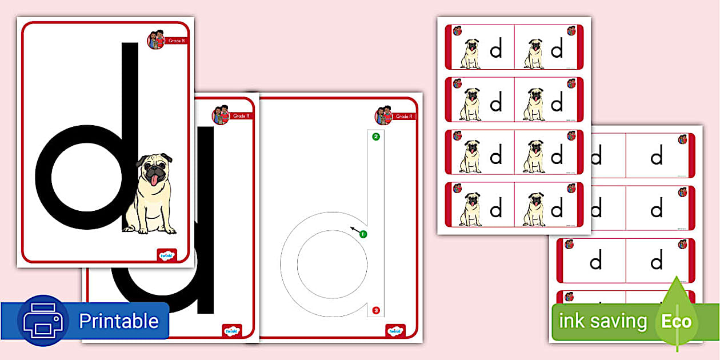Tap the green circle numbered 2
pos(375,137)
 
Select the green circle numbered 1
pos(363,234)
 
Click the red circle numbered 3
pos(375,310)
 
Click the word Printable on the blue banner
pos(118,321)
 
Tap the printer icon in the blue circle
pos(43,321)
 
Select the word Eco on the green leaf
pos(677,321)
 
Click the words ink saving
pos(603,321)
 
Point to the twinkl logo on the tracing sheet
pos(395,331)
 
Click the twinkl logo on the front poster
pos(166,255)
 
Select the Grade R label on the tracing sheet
pos(403,117)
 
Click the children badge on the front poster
pos(156,39)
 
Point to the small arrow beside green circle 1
pos(355,230)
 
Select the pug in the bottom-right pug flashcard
pos(534,209)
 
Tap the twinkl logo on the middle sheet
pos(231,331)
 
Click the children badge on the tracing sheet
pos(383,115)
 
